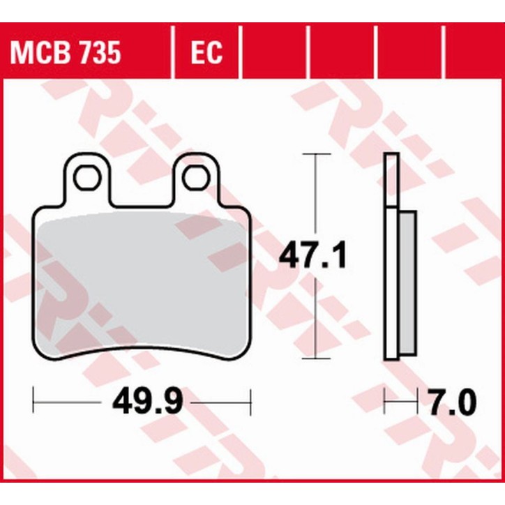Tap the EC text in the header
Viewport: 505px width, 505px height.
(x=206, y=52)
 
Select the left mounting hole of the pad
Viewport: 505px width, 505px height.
(x=88, y=179)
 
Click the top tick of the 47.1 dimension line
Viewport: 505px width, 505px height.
(x=317, y=153)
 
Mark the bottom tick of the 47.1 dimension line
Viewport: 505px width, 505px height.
(x=317, y=361)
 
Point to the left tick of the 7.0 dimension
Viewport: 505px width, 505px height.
(x=386, y=402)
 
